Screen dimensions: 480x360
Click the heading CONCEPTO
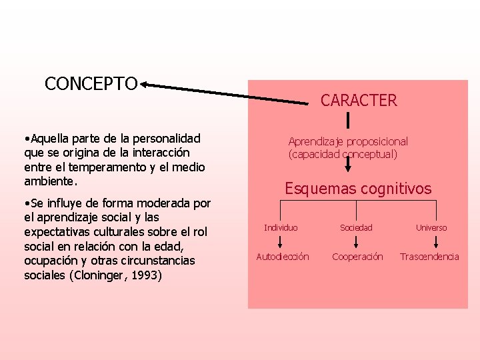pyautogui.click(x=91, y=84)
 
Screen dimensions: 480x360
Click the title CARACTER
pyautogui.click(x=358, y=101)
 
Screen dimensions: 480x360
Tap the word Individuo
pyautogui.click(x=281, y=228)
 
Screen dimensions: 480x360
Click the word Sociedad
pyautogui.click(x=356, y=228)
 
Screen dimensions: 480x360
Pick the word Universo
pyautogui.click(x=431, y=228)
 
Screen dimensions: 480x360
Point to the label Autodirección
pyautogui.click(x=283, y=257)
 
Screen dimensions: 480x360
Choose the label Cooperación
pyautogui.click(x=357, y=257)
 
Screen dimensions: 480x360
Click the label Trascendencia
pyautogui.click(x=429, y=257)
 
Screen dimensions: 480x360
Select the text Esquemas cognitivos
pyautogui.click(x=358, y=189)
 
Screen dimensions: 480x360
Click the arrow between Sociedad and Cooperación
pyautogui.click(x=357, y=242)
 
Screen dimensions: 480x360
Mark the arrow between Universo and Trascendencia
pyautogui.click(x=431, y=242)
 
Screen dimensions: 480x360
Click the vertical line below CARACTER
pyautogui.click(x=348, y=120)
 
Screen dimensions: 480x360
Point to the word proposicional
pyautogui.click(x=375, y=141)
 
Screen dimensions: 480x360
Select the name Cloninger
pyautogui.click(x=103, y=275)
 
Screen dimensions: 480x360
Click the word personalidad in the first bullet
pyautogui.click(x=167, y=139)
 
